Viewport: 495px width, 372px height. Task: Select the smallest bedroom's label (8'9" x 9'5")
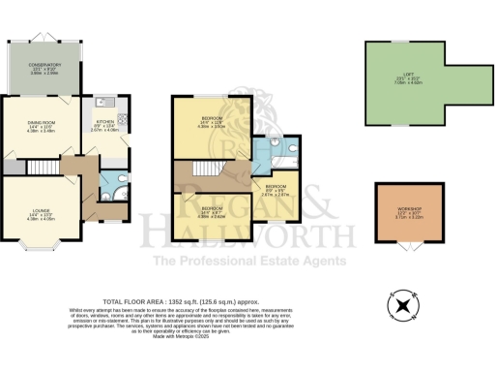277,189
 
